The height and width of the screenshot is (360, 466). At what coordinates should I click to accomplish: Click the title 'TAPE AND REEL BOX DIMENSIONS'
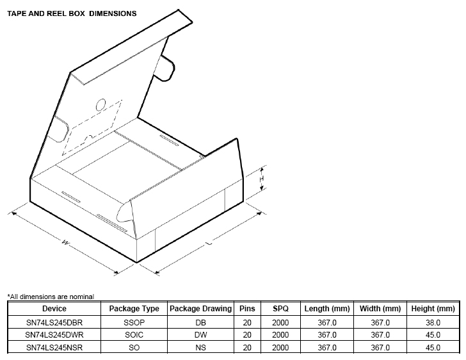pos(72,13)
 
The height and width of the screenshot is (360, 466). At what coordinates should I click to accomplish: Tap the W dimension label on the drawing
pos(65,242)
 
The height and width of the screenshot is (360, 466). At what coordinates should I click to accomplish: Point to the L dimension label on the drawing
pos(209,243)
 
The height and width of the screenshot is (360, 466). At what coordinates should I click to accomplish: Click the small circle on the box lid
pos(101,104)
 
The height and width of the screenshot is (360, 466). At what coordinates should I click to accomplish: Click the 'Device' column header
pos(54,309)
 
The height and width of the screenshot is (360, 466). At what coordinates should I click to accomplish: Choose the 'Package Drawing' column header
pos(200,309)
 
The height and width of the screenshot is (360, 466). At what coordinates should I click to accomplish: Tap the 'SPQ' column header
pos(280,309)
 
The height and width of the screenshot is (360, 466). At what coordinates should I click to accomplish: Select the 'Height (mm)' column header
pos(433,309)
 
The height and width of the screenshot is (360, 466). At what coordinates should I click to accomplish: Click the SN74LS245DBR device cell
pos(54,322)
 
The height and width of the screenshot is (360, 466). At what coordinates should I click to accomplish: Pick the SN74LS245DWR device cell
pos(54,335)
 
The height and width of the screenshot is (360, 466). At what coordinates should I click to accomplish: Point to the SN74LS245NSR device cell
pos(54,348)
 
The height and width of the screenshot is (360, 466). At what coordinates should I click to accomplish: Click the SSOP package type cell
pos(134,322)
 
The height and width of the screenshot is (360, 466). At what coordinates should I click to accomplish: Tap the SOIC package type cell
pos(134,335)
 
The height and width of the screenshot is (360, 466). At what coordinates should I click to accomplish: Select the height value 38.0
pos(433,322)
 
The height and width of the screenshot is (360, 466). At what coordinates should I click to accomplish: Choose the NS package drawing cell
pos(200,348)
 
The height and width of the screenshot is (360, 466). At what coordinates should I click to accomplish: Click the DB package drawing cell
pos(200,322)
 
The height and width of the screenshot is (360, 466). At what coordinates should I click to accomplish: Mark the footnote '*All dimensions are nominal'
pos(51,297)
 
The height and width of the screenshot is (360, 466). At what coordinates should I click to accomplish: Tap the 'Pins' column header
pos(247,309)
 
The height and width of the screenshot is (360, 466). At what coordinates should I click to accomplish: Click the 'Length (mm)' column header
pos(326,309)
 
